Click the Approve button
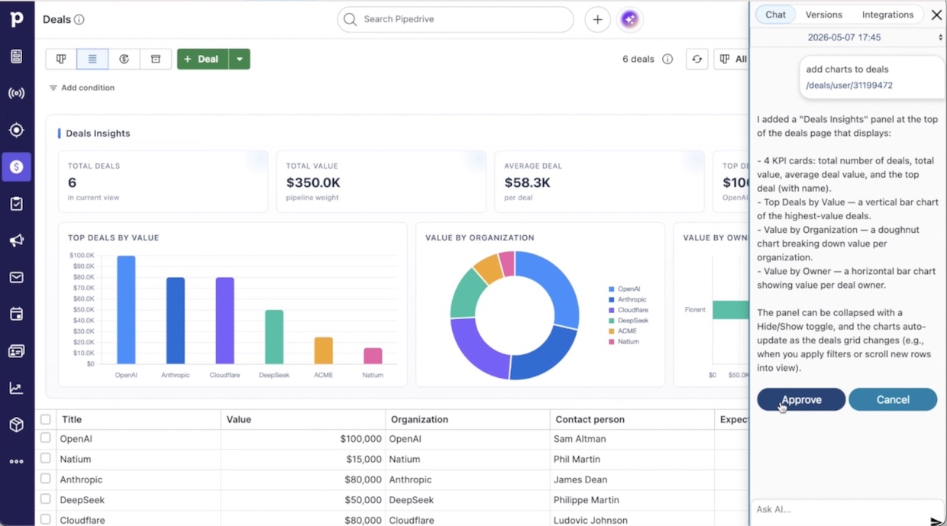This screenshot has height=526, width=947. (800, 399)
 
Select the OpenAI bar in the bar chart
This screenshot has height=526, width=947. (126, 310)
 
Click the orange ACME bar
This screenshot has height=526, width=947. (323, 350)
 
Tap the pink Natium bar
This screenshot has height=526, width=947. (373, 356)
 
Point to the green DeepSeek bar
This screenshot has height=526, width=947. (274, 337)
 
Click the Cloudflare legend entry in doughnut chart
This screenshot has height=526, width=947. (629, 310)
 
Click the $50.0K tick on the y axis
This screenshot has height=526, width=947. (84, 310)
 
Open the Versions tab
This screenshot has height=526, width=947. (823, 15)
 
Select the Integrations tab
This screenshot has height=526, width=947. (887, 15)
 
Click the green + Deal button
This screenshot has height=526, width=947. (202, 59)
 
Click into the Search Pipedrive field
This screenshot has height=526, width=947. (455, 19)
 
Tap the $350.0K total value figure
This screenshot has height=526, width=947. (313, 182)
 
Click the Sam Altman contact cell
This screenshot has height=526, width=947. (580, 439)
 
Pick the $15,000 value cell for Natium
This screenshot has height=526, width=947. (364, 460)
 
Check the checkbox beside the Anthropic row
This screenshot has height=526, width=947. (45, 479)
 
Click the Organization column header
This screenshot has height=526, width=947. (419, 420)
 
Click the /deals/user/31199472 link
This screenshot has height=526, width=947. (849, 86)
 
